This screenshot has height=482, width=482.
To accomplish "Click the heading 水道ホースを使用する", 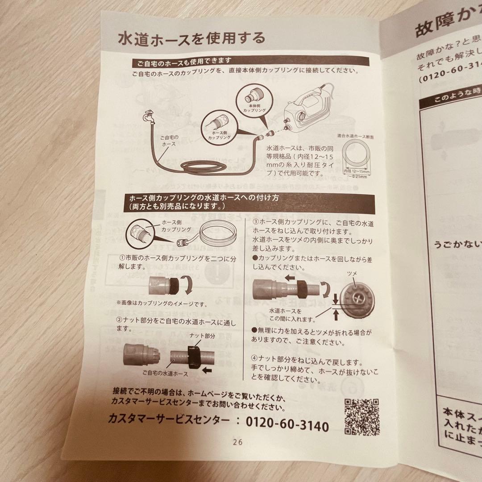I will (191, 38).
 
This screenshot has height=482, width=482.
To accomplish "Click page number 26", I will (237, 442).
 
